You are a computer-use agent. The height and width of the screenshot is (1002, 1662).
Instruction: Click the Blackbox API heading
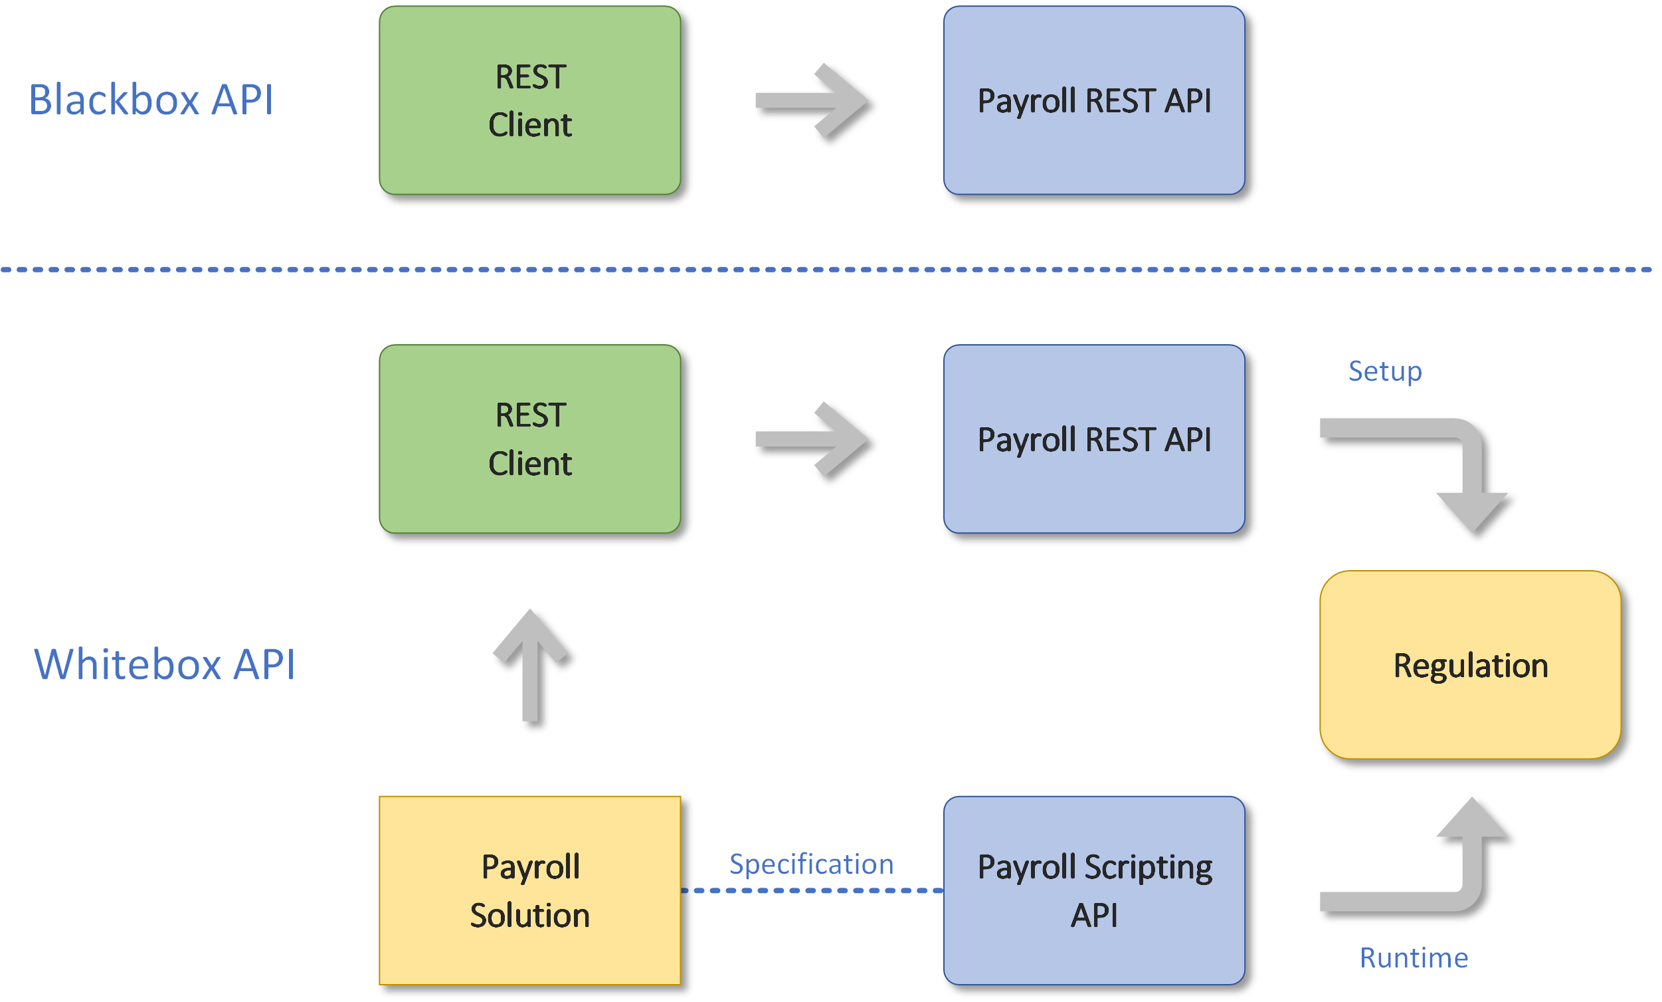pos(151,100)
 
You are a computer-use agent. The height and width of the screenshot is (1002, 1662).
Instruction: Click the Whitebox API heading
pos(165,664)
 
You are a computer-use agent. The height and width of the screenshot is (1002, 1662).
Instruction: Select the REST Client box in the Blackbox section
pos(529,100)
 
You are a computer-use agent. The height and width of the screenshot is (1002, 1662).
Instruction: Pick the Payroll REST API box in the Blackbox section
pos(1093,100)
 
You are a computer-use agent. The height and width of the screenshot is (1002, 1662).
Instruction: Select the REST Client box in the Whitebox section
pos(529,439)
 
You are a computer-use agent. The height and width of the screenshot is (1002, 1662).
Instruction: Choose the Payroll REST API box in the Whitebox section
pos(1093,439)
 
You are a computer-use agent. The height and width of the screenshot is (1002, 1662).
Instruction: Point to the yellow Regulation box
pos(1470,665)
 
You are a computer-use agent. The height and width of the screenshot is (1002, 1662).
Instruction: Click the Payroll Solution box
pos(529,890)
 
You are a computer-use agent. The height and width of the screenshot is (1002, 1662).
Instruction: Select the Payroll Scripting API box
pos(1093,890)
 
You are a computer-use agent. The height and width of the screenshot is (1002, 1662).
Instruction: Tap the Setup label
pos(1385,371)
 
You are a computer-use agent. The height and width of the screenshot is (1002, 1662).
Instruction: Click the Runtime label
pos(1413,958)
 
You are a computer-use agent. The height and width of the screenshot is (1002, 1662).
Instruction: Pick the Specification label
pos(811,864)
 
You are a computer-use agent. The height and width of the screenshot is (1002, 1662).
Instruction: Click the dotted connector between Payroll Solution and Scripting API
pos(812,890)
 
